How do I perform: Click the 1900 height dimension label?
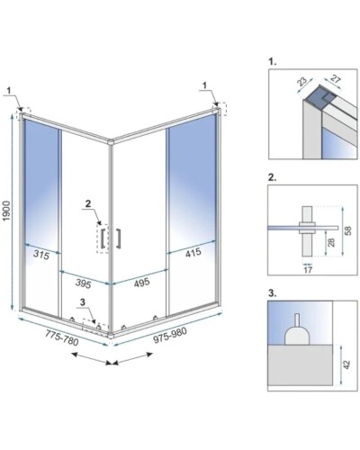[x=6, y=211]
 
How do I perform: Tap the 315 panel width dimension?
[x=41, y=255]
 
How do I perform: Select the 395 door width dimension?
[x=83, y=283]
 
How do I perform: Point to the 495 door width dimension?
[x=141, y=283]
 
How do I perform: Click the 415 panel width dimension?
[x=193, y=253]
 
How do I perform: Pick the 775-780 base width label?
[x=62, y=337]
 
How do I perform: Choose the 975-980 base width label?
[x=170, y=335]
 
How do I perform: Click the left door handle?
[x=103, y=238]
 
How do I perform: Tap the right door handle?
[x=119, y=238]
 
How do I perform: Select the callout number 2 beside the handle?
[x=87, y=203]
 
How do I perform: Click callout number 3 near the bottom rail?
[x=83, y=302]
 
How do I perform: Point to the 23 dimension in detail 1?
[x=301, y=83]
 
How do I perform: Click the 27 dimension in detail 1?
[x=336, y=80]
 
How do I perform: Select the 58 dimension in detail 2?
[x=348, y=230]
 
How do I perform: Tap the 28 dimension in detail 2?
[x=331, y=242]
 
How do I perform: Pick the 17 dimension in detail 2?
[x=308, y=270]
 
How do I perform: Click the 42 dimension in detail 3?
[x=347, y=364]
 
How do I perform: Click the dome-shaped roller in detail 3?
[x=297, y=333]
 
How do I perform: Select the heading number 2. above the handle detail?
[x=273, y=177]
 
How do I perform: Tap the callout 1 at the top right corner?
[x=204, y=85]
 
